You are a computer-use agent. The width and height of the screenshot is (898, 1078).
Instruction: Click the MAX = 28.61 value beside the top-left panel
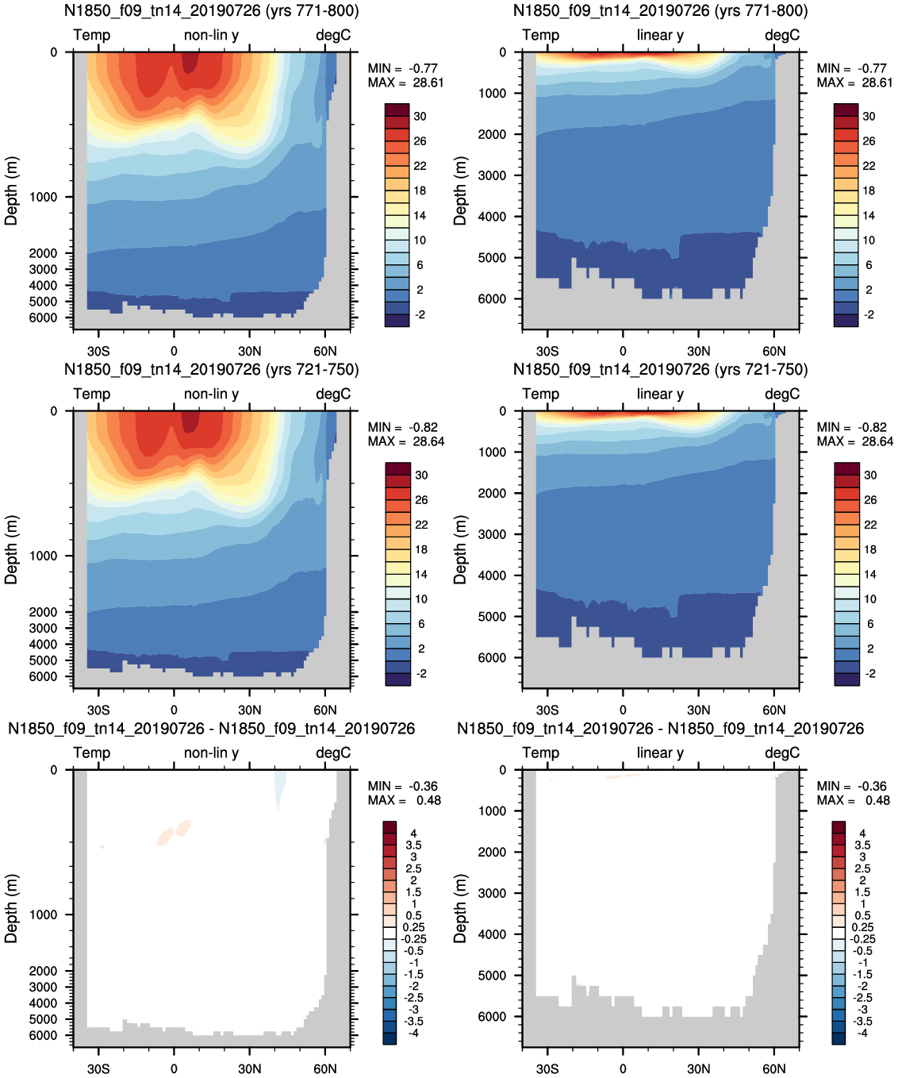pos(405,83)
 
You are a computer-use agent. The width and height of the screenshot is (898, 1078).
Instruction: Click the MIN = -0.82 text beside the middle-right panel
pos(851,427)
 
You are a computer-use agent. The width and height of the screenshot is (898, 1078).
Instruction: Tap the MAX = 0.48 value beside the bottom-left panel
pos(404,800)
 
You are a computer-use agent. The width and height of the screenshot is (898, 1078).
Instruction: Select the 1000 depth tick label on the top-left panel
pos(44,197)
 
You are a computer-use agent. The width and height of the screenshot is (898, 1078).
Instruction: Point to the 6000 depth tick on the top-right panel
pos(493,299)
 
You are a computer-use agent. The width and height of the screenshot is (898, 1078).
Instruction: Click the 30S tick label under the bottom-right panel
pos(547,1068)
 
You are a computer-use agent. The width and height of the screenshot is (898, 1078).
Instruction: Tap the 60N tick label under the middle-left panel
pos(325,710)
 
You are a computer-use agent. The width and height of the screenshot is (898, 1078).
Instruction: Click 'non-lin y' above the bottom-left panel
pos(211,753)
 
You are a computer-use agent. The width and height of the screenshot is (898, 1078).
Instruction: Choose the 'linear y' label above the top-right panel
pos(660,35)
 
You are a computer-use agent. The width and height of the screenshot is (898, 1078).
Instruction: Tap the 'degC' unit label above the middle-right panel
pos(782,394)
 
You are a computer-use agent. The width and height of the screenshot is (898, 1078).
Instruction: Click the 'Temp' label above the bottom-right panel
pos(541,753)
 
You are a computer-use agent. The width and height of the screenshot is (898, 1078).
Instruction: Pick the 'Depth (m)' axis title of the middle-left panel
pos(11,549)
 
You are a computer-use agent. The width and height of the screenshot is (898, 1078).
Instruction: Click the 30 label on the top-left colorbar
pos(420,116)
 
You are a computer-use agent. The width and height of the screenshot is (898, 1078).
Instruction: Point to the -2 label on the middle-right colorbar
pos(869,673)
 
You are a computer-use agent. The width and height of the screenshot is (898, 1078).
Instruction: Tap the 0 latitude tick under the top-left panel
pos(174,351)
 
